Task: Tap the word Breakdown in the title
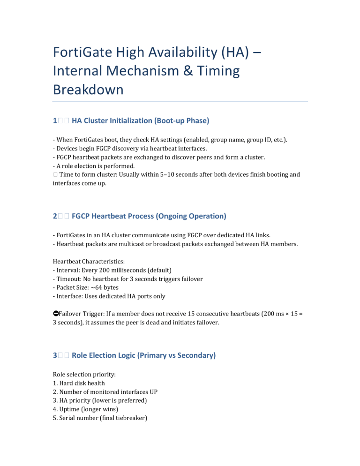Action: point(88,89)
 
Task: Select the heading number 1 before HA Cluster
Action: point(55,120)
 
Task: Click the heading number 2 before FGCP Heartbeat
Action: point(55,216)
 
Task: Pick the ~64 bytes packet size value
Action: point(103,287)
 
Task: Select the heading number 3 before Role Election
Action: point(55,355)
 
